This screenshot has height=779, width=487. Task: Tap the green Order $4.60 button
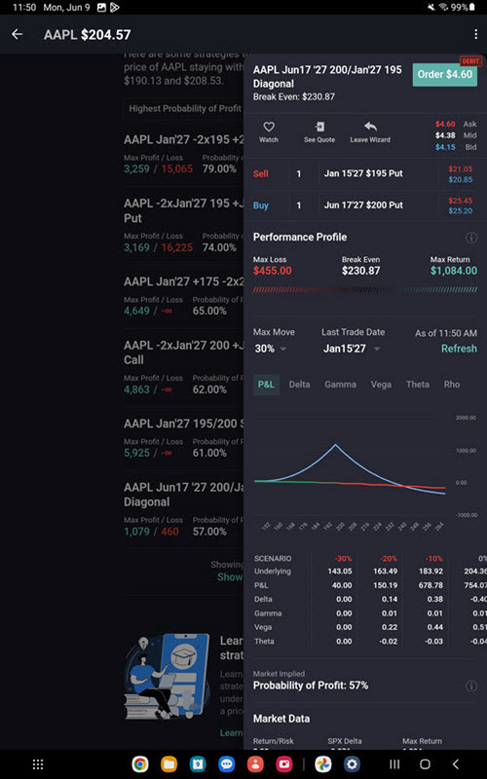pos(444,74)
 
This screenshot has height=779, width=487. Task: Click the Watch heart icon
pos(269,128)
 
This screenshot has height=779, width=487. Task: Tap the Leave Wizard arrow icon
pos(370,128)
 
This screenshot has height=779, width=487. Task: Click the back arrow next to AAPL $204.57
pos(17,35)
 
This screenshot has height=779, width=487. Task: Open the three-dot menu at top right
pos(474,35)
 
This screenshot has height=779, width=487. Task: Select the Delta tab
pos(299,384)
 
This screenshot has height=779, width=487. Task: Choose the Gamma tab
pos(340,384)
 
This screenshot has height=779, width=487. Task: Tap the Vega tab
pos(381,384)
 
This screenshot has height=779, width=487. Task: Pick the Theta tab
pos(417,384)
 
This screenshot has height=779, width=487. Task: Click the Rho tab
pos(452,384)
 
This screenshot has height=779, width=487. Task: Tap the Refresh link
pos(459,349)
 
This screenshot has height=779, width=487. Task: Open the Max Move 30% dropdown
pos(270,349)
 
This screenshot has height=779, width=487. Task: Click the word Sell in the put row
pos(261,173)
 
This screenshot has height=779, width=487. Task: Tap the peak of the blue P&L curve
pos(336,446)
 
